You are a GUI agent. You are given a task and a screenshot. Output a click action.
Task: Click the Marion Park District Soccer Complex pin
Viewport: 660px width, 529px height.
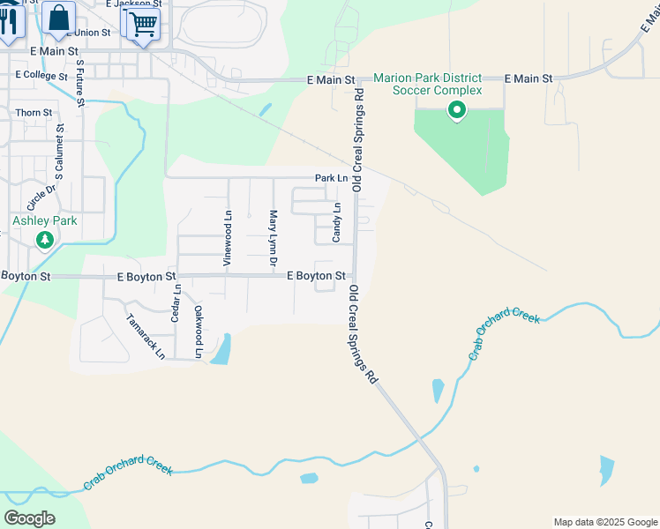tap(456, 110)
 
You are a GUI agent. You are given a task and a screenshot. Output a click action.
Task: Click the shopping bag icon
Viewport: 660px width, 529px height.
tap(58, 18)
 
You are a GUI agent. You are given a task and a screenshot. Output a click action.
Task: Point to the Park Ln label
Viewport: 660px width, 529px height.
tap(332, 179)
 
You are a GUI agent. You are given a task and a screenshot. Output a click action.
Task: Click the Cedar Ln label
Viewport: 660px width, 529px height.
tap(176, 302)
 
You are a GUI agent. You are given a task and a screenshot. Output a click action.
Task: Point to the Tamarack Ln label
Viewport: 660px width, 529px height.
tap(146, 337)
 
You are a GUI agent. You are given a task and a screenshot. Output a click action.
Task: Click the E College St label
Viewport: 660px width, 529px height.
tap(41, 76)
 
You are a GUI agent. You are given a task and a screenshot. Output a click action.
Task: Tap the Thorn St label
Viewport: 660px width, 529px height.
tap(34, 113)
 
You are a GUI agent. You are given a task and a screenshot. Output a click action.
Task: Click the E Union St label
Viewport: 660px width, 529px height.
tap(88, 33)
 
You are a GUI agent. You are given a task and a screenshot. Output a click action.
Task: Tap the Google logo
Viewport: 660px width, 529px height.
tap(29, 518)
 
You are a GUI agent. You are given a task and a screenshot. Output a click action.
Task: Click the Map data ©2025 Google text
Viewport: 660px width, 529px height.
tap(605, 522)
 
